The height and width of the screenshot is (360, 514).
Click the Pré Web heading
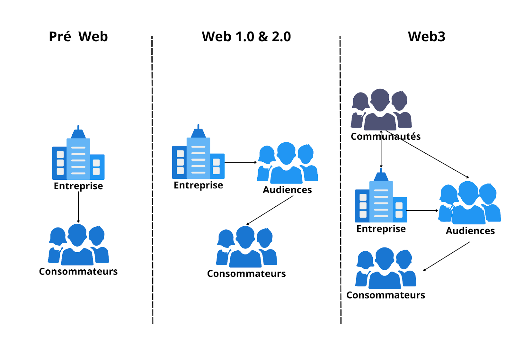point(78,37)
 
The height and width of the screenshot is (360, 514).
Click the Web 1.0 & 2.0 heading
point(246,37)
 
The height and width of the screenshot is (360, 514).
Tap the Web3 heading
point(426,37)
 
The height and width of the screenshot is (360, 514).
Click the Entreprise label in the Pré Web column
point(78,186)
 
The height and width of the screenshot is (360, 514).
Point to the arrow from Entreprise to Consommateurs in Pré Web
point(78,207)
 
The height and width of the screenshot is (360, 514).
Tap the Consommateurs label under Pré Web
point(78,272)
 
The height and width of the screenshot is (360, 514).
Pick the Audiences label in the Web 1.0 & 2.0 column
point(287,190)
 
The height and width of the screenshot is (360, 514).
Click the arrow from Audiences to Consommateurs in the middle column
point(270,211)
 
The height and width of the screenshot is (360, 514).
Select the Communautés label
point(385,137)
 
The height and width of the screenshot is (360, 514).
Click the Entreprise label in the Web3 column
point(381,229)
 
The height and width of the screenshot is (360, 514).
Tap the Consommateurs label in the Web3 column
point(385,295)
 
